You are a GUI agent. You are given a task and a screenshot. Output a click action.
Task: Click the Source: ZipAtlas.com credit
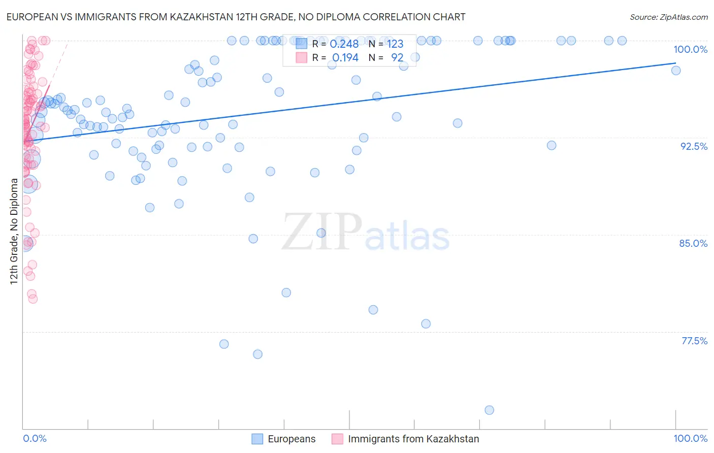click(668, 17)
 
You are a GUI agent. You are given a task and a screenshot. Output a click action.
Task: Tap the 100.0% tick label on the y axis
click(690, 49)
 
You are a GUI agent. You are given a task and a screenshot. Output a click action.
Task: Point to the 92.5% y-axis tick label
click(693, 146)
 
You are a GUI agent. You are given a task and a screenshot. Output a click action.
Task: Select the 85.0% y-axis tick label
click(693, 243)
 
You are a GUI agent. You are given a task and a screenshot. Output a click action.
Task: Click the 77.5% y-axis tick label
click(694, 341)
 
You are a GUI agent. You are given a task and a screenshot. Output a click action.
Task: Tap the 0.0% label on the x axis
click(35, 438)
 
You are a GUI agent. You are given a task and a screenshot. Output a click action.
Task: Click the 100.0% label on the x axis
click(690, 438)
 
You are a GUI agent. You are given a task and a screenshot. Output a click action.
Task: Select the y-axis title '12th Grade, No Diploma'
click(14, 231)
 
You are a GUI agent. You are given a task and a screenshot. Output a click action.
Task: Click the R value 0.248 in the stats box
click(344, 44)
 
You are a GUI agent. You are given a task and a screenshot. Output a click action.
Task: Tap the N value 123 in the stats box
click(395, 44)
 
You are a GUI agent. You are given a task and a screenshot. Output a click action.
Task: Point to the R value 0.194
click(345, 58)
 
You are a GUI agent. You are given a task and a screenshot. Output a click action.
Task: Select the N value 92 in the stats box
click(397, 58)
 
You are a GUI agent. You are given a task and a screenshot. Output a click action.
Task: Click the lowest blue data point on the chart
click(489, 410)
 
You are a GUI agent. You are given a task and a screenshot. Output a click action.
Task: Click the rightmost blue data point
click(676, 71)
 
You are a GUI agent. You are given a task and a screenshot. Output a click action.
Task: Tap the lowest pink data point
click(33, 299)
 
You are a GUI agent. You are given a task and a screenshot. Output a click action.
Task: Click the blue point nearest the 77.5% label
click(426, 324)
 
